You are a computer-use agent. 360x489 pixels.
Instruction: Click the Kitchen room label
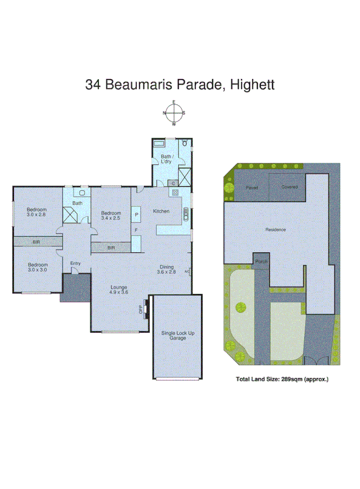pyautogui.click(x=161, y=211)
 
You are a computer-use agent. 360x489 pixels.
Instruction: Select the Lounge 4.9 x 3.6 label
pyautogui.click(x=119, y=289)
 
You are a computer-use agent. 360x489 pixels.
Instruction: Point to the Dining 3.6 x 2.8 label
pyautogui.click(x=166, y=269)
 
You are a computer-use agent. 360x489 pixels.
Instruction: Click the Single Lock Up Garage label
pyautogui.click(x=174, y=335)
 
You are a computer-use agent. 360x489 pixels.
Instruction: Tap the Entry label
pyautogui.click(x=75, y=263)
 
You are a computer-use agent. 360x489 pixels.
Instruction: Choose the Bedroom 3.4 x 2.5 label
pyautogui.click(x=111, y=215)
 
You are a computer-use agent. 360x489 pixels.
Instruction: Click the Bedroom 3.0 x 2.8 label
pyautogui.click(x=37, y=212)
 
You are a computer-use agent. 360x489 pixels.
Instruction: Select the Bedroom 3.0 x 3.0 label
pyautogui.click(x=37, y=267)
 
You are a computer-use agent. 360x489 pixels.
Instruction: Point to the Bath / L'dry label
pyautogui.click(x=167, y=159)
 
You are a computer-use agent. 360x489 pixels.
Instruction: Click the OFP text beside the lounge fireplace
pyautogui.click(x=140, y=310)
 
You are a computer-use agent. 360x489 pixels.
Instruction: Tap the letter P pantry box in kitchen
pyautogui.click(x=136, y=214)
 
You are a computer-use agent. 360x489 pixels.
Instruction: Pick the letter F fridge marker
pyautogui.click(x=136, y=229)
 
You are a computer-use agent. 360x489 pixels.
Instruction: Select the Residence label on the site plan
pyautogui.click(x=275, y=229)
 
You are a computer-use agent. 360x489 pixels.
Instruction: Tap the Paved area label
pyautogui.click(x=252, y=188)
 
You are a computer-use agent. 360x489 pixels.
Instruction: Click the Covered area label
pyautogui.click(x=289, y=187)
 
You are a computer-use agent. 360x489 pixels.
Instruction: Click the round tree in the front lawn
pyautogui.click(x=241, y=307)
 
